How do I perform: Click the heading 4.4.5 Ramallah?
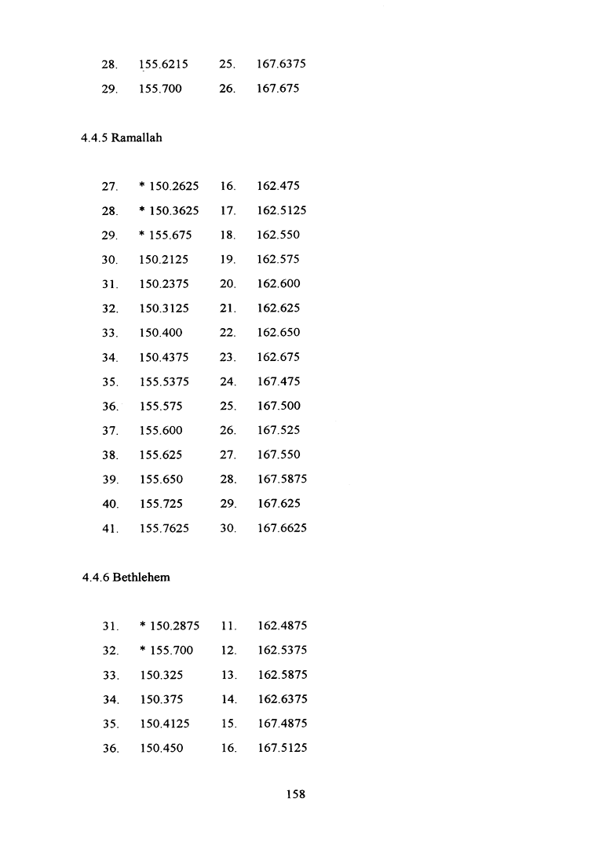coord(121,138)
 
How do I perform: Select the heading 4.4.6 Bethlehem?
coord(126,578)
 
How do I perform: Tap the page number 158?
coord(295,794)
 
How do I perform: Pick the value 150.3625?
coord(174,210)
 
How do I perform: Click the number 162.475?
coord(278,186)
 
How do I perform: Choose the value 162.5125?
coord(281,210)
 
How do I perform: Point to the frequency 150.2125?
coord(163,259)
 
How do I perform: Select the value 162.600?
coord(278,283)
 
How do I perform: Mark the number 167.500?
coord(278,406)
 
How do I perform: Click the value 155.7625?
coord(163,528)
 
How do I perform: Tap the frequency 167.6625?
coord(281,528)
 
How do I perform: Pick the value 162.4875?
coord(281,625)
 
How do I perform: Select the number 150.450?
coord(161,748)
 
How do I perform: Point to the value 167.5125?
coord(281,748)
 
